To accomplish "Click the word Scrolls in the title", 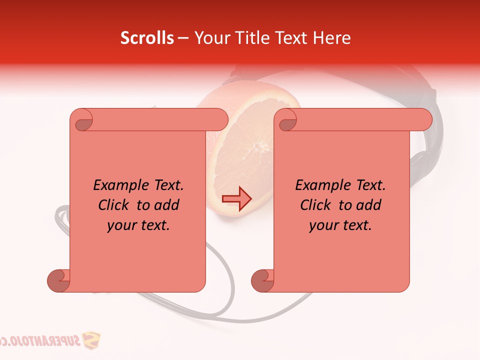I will point(147,38).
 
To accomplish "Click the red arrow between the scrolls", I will point(237,199).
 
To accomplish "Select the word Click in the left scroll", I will point(115,205).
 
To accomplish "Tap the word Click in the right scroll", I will point(317,205).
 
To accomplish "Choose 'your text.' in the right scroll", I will point(340,225).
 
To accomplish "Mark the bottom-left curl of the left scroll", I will point(58,281).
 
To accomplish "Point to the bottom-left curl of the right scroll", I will point(262,281).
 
